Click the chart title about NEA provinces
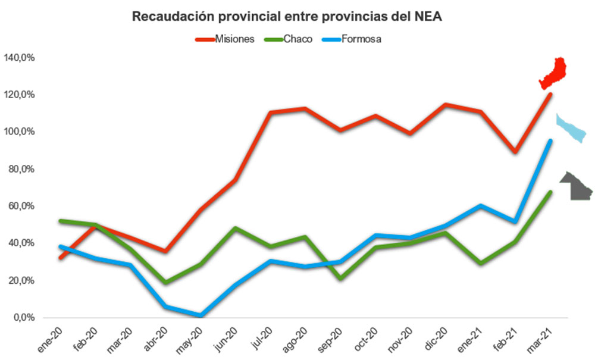point(287,17)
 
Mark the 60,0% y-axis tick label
point(23,206)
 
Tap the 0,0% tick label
point(25,318)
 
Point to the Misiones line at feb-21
point(516,152)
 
